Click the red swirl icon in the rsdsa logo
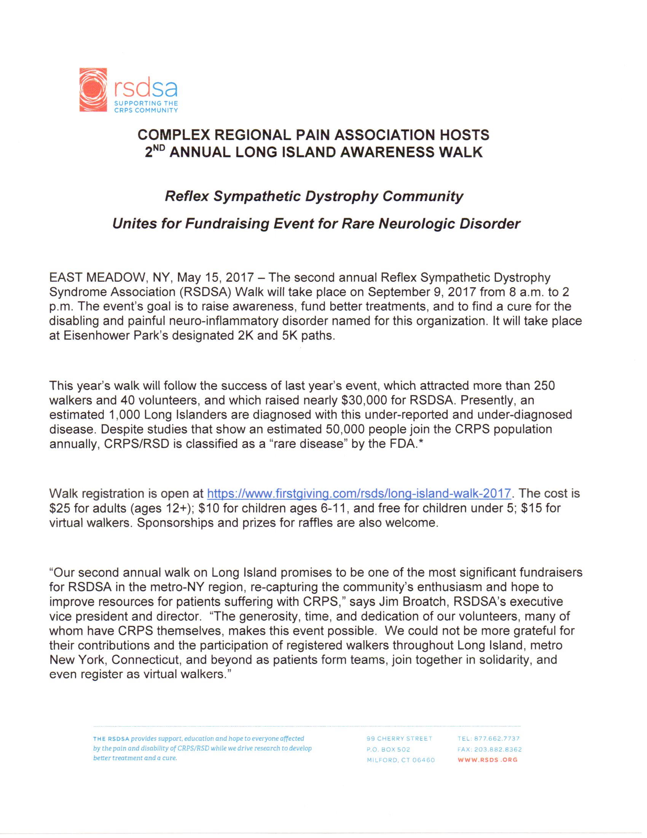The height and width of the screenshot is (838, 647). coord(93,90)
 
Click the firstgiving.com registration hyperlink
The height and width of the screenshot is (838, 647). coord(359,493)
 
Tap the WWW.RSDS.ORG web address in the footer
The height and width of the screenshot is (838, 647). coord(488,760)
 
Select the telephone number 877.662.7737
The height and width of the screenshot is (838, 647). coord(497,738)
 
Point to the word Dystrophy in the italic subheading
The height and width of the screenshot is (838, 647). coord(342,196)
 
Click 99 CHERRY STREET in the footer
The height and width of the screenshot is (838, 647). coord(399,738)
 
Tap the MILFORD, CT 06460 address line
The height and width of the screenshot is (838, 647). coord(400,760)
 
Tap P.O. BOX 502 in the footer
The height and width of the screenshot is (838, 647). coord(388,749)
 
